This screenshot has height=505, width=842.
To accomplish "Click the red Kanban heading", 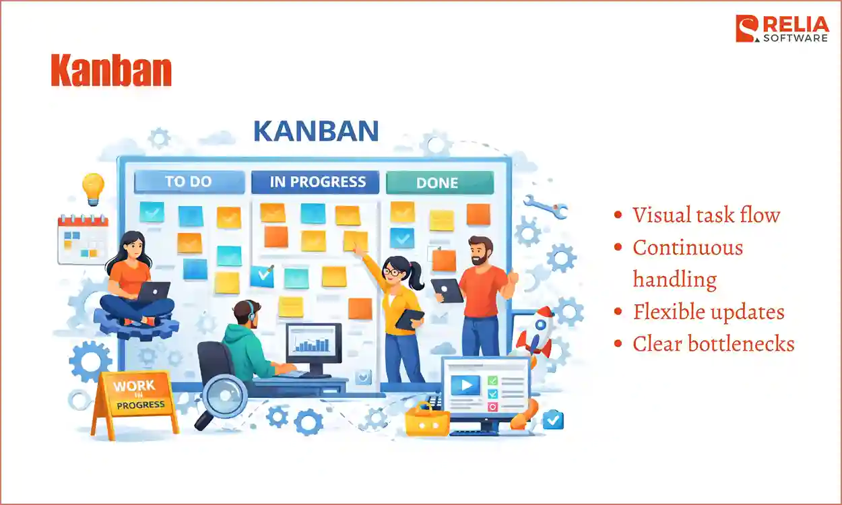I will coord(111,71).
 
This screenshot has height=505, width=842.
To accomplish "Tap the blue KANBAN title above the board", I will coord(316,131).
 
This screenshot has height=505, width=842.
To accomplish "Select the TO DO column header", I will coord(189,182).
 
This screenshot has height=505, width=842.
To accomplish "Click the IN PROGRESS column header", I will coord(317,182).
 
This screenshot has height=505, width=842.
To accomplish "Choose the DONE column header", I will coord(438,182).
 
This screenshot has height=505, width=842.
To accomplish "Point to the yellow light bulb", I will coord(92,187).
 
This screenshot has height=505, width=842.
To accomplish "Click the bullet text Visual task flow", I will coord(706,215).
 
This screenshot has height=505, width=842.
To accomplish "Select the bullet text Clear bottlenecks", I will coord(713,344).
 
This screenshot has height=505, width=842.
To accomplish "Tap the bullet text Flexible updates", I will coord(709,312).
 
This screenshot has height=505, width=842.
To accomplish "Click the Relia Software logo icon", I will coord(746,29).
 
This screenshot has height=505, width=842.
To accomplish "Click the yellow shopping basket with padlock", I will coord(426,420).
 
